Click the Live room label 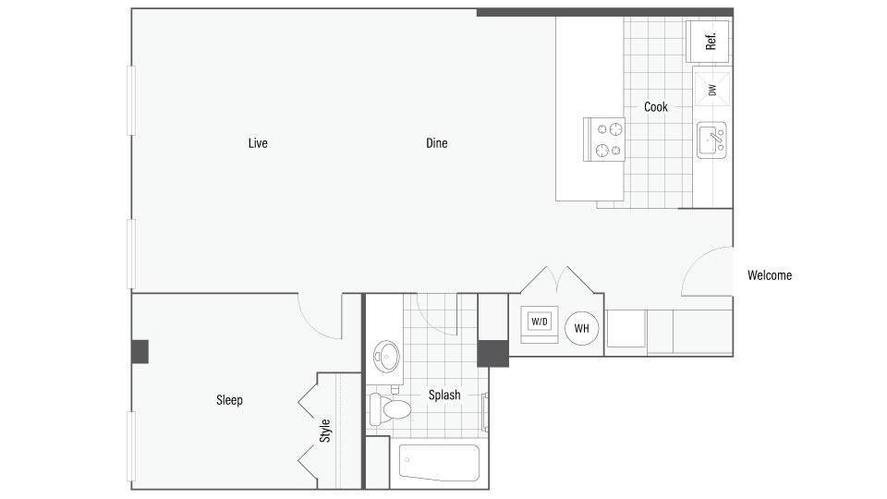coord(258,143)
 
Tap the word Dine coord(437,143)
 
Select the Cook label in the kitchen coord(656,107)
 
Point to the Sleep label coord(229,400)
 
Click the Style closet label coord(325,431)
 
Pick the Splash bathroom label coord(444,395)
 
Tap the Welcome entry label coord(770,275)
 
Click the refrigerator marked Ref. coord(711,42)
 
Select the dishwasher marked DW coord(711,90)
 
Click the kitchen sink coord(711,140)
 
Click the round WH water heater coord(582,328)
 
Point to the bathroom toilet coord(391,407)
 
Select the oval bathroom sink coord(385,355)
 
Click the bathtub coord(439,462)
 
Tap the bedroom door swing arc coord(320,315)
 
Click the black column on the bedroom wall coord(140,351)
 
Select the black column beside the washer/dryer coord(492,353)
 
